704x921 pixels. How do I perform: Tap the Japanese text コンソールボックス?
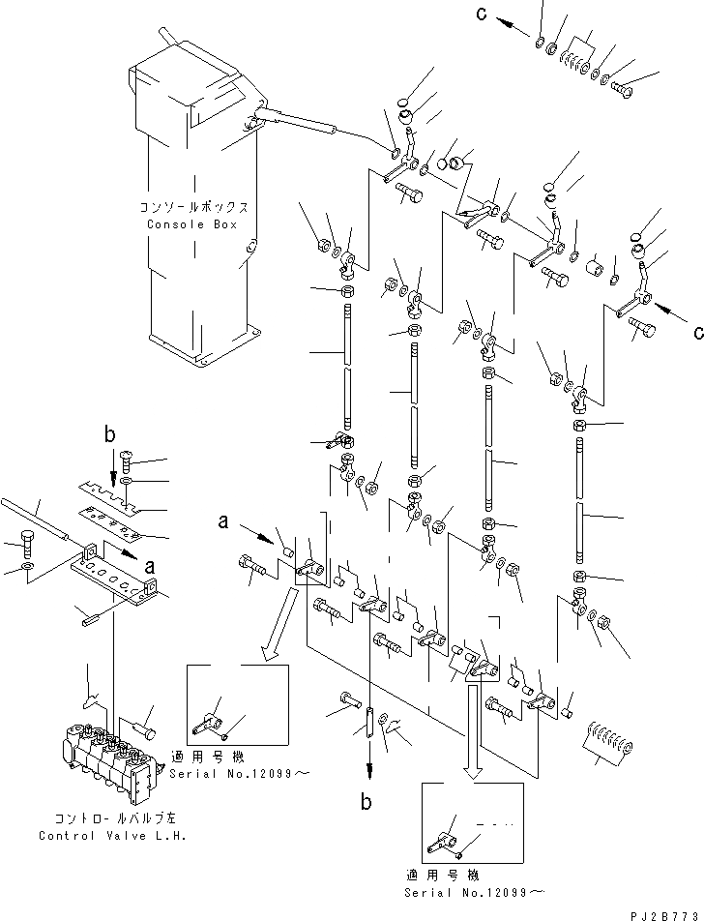[193, 208]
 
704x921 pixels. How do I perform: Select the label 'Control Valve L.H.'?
[95, 836]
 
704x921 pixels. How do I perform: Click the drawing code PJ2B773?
[666, 913]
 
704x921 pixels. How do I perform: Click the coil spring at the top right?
[578, 60]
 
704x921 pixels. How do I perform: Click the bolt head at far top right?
[623, 92]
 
